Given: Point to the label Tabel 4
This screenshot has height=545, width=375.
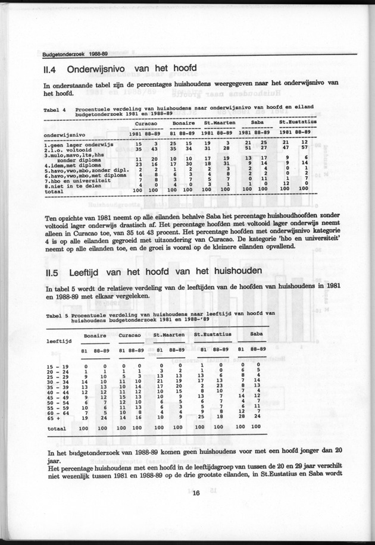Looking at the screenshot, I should (x=54, y=110).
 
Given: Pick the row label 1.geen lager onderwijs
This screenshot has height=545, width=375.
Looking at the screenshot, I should (x=79, y=143).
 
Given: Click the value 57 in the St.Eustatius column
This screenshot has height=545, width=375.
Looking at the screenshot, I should (x=304, y=149).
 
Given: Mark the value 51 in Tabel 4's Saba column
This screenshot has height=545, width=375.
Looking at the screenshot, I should (x=247, y=149).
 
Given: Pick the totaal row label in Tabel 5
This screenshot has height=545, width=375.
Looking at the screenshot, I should (x=57, y=428).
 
